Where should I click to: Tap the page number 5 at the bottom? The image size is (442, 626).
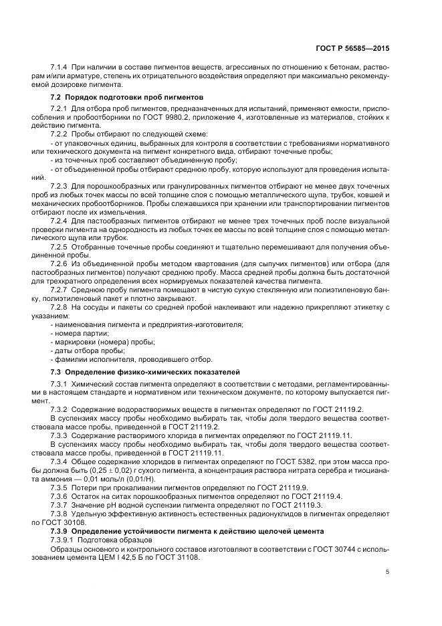[x=389, y=571]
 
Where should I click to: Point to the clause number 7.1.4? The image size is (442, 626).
[x=60, y=69]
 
